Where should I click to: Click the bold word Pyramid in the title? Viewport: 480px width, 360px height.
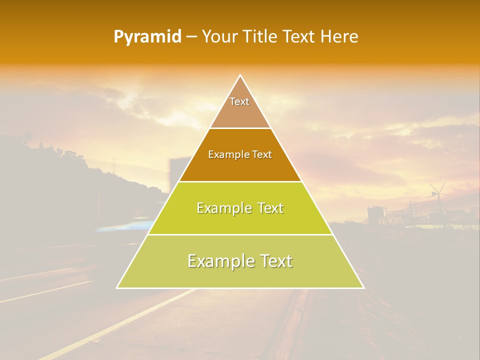[x=147, y=37]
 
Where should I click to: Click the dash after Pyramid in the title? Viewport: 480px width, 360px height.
[x=191, y=37]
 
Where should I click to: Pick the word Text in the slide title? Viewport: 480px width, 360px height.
[x=300, y=36]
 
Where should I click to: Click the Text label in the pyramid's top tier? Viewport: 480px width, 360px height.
[x=239, y=101]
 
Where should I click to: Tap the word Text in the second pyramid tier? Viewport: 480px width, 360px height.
[x=262, y=155]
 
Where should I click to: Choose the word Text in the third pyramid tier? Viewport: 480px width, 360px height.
[x=270, y=208]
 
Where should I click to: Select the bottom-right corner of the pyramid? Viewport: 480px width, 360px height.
[x=363, y=287]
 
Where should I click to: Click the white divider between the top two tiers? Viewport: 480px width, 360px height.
[x=240, y=128]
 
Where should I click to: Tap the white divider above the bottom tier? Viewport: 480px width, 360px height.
[x=240, y=234]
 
